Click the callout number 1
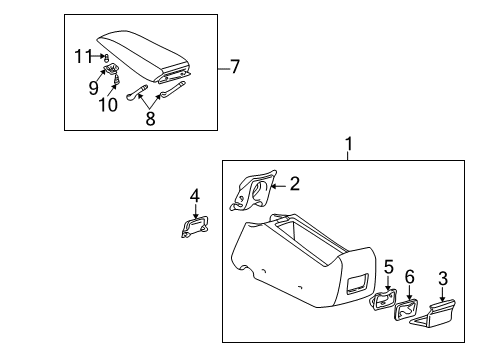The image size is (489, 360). point(348,146)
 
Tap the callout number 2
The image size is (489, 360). point(294,182)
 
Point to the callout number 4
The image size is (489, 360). point(195,196)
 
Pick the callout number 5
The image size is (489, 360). point(388,267)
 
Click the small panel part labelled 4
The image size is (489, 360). point(195,228)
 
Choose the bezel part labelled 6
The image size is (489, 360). point(409,312)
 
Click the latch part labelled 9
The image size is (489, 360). point(113,71)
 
